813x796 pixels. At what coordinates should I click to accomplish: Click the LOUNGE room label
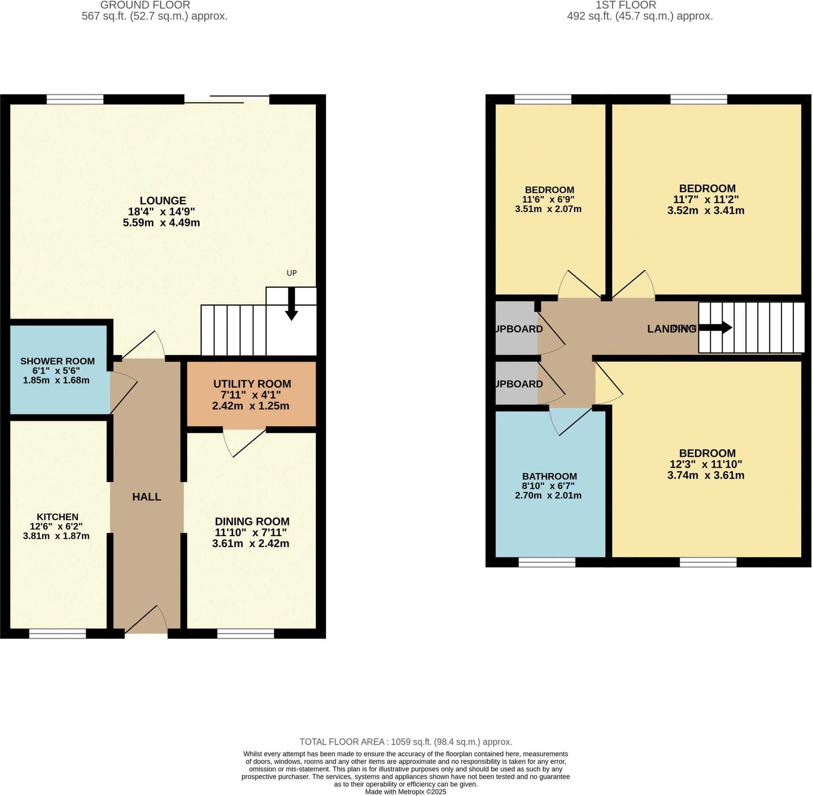(x=163, y=201)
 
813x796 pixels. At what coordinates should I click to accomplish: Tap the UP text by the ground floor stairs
(x=291, y=273)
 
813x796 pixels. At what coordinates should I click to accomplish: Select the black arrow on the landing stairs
(x=716, y=328)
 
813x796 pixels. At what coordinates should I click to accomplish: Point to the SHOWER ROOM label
(x=57, y=361)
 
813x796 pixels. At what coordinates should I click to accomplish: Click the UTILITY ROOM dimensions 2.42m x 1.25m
(x=250, y=406)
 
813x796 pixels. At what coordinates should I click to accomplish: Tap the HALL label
(x=146, y=497)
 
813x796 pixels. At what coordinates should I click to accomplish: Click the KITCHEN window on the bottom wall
(x=57, y=634)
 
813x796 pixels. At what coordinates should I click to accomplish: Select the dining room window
(x=245, y=634)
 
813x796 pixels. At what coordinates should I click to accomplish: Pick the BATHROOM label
(x=549, y=476)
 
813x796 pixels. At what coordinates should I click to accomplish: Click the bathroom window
(x=547, y=562)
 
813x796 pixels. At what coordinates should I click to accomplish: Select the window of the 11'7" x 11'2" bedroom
(x=699, y=99)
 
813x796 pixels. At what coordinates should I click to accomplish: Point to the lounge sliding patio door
(x=227, y=99)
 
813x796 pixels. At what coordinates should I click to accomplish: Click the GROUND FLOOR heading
(x=145, y=6)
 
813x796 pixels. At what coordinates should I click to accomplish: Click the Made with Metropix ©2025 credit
(x=406, y=792)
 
